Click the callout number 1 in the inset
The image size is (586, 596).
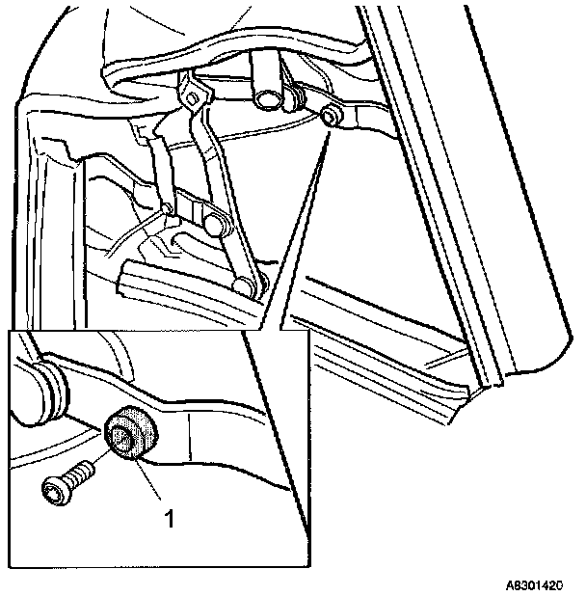click(170, 519)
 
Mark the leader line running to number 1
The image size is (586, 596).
click(150, 482)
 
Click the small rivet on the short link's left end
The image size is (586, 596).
click(168, 208)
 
